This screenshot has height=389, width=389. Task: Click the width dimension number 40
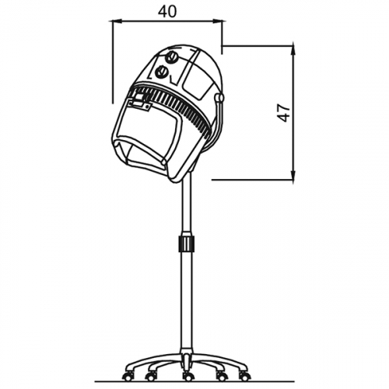click(x=166, y=11)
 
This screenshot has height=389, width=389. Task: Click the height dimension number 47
click(x=285, y=112)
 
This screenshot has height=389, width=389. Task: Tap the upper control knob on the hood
click(x=171, y=56)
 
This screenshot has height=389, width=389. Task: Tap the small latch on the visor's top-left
click(x=138, y=101)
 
